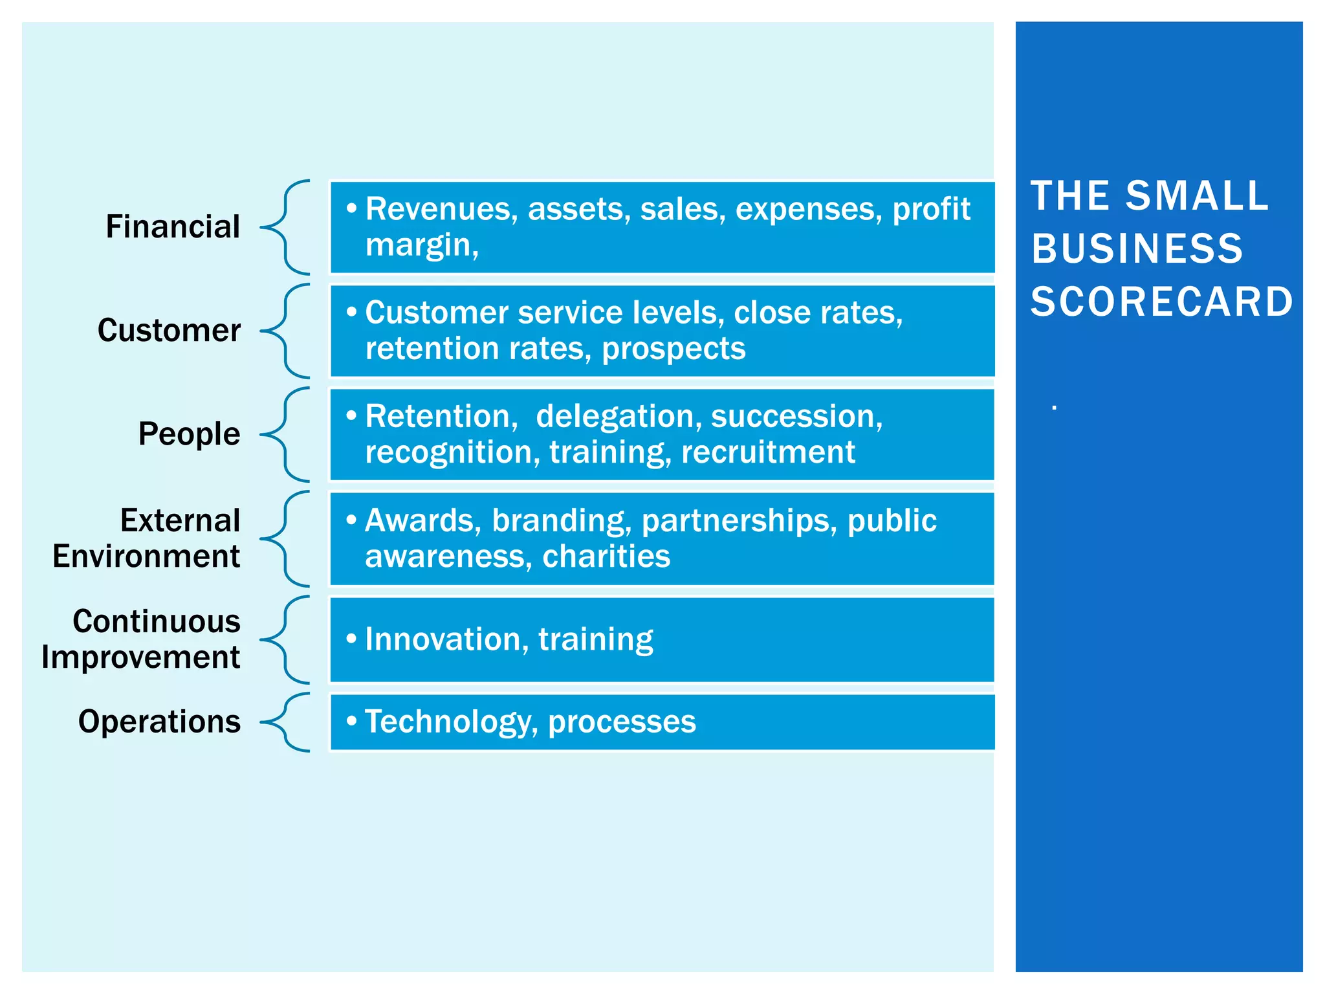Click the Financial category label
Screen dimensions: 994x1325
(173, 227)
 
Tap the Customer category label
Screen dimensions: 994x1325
(169, 331)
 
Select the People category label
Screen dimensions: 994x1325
(189, 434)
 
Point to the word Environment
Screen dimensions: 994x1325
(146, 557)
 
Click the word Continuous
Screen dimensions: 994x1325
(157, 621)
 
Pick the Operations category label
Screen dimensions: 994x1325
(159, 722)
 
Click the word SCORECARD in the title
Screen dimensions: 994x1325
(1161, 302)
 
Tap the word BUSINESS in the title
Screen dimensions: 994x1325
(1137, 249)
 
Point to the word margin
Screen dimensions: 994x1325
(421, 245)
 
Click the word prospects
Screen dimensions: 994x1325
(673, 349)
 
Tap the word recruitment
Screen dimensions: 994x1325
(768, 452)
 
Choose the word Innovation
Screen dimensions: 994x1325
(443, 639)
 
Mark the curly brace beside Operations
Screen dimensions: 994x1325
(285, 722)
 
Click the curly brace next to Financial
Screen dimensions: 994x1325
(285, 227)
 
